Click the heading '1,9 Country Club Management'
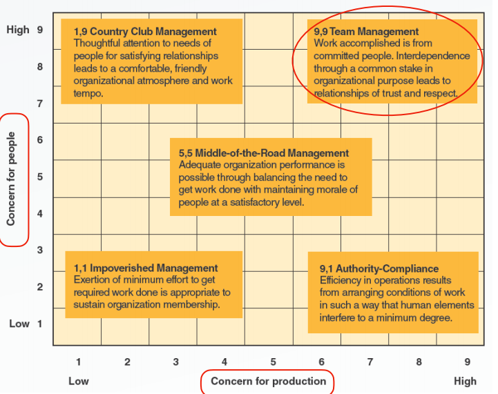[145, 32]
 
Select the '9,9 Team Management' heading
[366, 32]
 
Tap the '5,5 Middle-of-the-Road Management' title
[264, 153]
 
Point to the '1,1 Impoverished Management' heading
[146, 268]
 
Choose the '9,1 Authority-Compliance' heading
[379, 268]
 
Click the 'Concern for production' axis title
[269, 381]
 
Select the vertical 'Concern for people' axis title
[11, 179]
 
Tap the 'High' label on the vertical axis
[18, 30]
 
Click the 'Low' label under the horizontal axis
[79, 381]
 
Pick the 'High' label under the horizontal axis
[465, 381]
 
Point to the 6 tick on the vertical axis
[39, 140]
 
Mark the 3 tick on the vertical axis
[39, 250]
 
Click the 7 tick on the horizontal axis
[370, 362]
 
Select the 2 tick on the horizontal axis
[127, 362]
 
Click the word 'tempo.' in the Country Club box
[88, 94]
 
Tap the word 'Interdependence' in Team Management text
[433, 56]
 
